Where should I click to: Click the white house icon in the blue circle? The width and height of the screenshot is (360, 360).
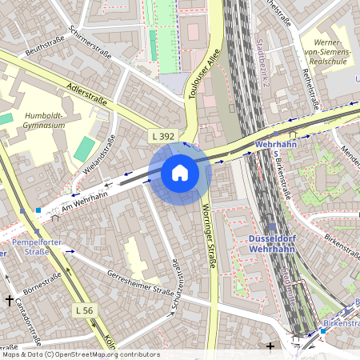click(180, 172)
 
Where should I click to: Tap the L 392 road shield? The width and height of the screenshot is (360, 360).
click(162, 138)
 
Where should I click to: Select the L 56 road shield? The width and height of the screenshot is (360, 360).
click(85, 310)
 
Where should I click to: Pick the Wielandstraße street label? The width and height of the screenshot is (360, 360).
click(101, 154)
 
